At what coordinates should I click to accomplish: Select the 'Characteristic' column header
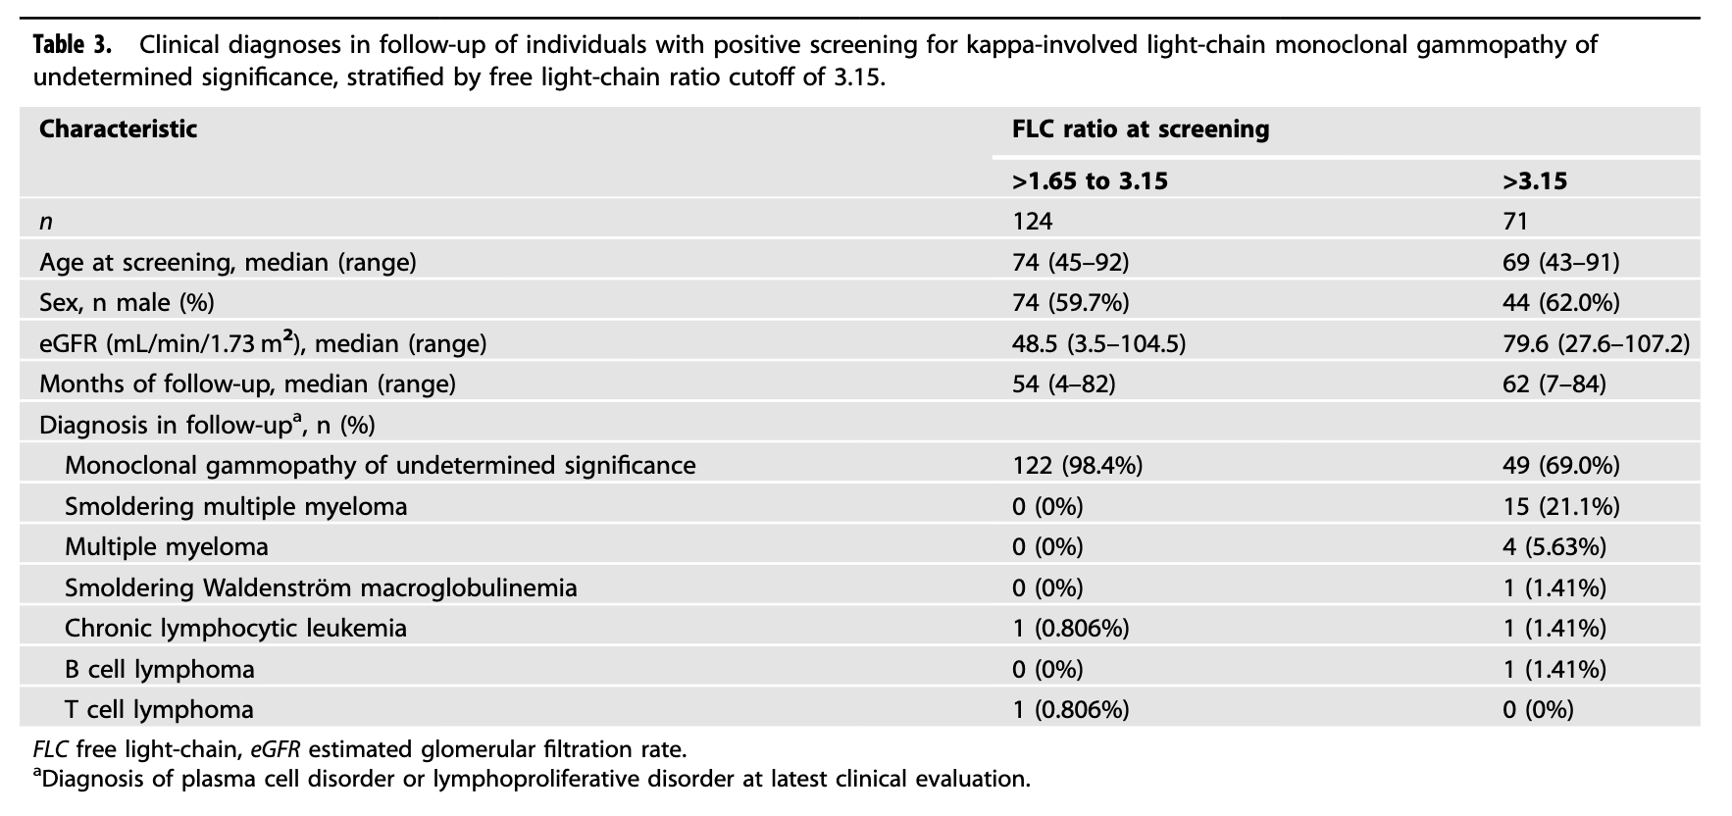(x=118, y=129)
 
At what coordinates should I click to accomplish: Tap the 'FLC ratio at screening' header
(x=1141, y=129)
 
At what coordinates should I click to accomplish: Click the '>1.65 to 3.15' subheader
(x=1090, y=181)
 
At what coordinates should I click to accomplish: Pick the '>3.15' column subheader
(x=1535, y=181)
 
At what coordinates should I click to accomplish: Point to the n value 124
(x=1032, y=222)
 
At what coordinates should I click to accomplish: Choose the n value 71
(x=1515, y=222)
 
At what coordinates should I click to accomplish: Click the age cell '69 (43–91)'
(x=1560, y=262)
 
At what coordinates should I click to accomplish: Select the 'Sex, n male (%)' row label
(x=127, y=303)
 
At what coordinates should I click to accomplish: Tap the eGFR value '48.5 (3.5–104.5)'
(x=1098, y=343)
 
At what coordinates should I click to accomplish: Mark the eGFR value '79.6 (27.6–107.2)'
(x=1596, y=343)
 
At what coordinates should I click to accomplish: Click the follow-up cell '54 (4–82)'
(x=1063, y=383)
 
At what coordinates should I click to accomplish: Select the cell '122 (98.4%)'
(x=1077, y=465)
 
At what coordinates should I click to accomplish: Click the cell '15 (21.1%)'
(x=1560, y=506)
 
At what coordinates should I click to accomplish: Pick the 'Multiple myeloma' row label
(x=166, y=546)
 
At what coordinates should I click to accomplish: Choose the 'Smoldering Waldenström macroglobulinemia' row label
(x=321, y=587)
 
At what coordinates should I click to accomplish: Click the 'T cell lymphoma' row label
(x=159, y=709)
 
